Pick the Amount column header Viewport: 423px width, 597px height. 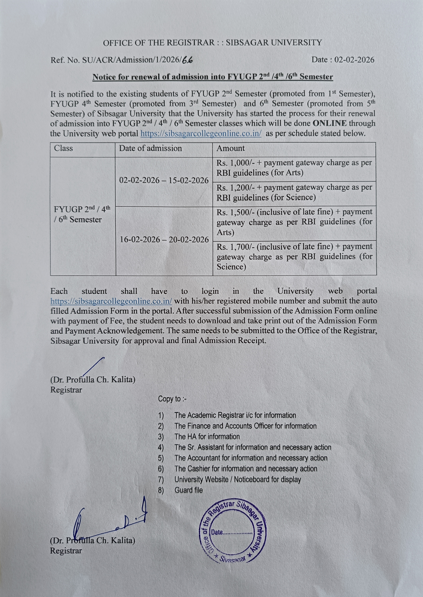pos(231,148)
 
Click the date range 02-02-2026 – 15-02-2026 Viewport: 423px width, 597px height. pos(164,180)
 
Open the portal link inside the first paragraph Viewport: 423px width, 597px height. pos(201,134)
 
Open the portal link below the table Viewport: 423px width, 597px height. pos(111,301)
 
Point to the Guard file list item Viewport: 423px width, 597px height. pos(188,490)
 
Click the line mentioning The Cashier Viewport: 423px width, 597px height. pos(246,469)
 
